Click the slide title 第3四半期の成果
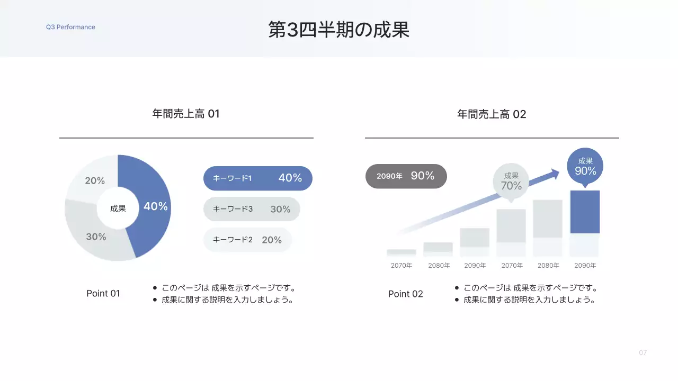[339, 30]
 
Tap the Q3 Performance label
[70, 27]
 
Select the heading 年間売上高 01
[186, 114]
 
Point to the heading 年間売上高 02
[492, 114]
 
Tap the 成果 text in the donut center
[118, 208]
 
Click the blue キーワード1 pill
[258, 178]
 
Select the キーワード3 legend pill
[252, 209]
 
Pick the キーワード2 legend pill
[247, 240]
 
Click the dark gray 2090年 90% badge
[406, 176]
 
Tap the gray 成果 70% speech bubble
[511, 182]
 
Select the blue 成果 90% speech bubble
[585, 166]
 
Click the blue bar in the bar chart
[585, 212]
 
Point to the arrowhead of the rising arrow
[555, 173]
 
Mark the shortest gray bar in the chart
[402, 252]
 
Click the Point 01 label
[103, 294]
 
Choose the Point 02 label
[406, 294]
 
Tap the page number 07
[643, 353]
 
